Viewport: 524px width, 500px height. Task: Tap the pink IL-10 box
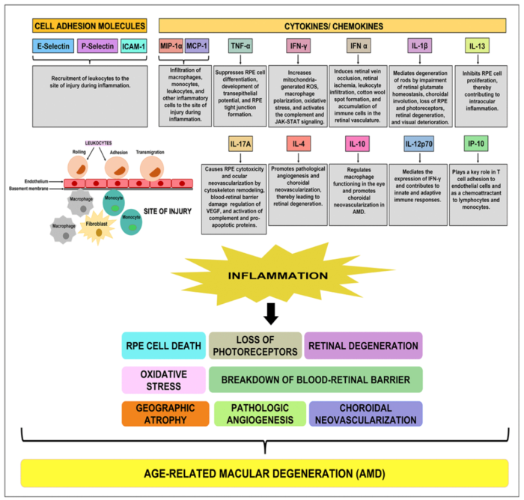(357, 144)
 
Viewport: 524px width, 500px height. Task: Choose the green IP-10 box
(478, 144)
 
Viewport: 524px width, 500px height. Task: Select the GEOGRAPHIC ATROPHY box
(165, 413)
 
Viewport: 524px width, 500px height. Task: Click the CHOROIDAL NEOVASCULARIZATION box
(365, 413)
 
